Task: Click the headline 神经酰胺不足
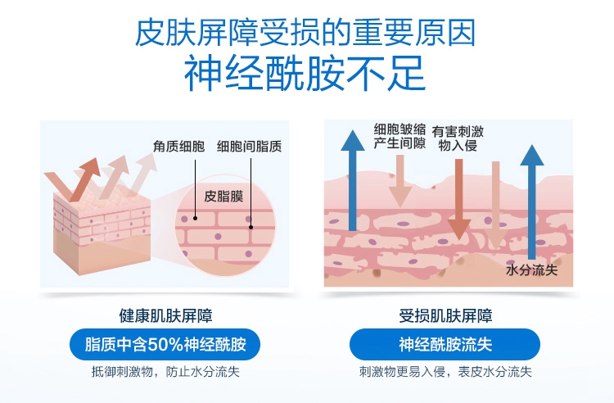pyautogui.click(x=305, y=73)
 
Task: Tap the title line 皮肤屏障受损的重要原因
pyautogui.click(x=305, y=32)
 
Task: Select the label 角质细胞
pyautogui.click(x=179, y=147)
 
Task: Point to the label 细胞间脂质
pyautogui.click(x=250, y=147)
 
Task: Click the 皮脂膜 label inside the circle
pyautogui.click(x=223, y=197)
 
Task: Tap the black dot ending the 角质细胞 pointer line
pyautogui.click(x=195, y=218)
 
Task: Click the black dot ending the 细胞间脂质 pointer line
pyautogui.click(x=251, y=227)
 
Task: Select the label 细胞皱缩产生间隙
pyautogui.click(x=400, y=136)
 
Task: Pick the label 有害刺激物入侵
pyautogui.click(x=458, y=138)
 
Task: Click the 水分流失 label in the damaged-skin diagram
pyautogui.click(x=531, y=269)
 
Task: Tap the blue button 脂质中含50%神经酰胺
pyautogui.click(x=165, y=344)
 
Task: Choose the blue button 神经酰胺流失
pyautogui.click(x=445, y=344)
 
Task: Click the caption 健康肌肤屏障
pyautogui.click(x=165, y=315)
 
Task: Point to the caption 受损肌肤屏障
pyautogui.click(x=445, y=315)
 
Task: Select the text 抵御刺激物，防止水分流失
pyautogui.click(x=165, y=372)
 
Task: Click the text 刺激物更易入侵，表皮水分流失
pyautogui.click(x=445, y=372)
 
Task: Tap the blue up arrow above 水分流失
pyautogui.click(x=532, y=202)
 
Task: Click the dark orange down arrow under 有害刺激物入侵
pyautogui.click(x=459, y=199)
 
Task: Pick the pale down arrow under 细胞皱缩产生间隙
pyautogui.click(x=400, y=180)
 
